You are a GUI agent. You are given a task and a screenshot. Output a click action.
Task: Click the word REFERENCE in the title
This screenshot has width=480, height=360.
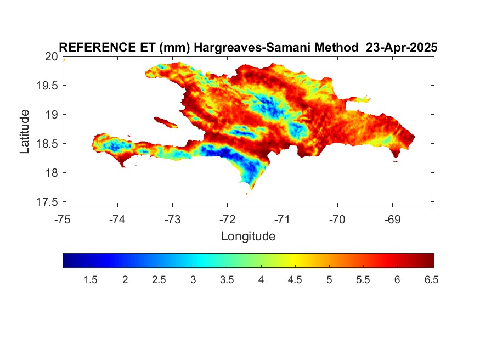pos(97,47)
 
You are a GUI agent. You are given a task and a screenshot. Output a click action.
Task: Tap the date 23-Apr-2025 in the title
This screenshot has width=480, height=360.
pos(402,47)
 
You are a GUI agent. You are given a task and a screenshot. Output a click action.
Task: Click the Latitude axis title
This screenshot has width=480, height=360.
pos(25,132)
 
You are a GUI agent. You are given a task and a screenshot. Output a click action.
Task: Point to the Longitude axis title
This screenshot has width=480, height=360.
pos(249,237)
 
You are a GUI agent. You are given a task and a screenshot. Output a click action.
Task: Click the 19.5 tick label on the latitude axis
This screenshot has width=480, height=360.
pos(47,86)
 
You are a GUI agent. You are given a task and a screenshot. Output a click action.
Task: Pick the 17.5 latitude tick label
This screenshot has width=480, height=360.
pos(47,202)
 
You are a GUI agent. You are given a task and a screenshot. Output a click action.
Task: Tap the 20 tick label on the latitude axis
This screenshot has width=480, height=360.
pos(51,57)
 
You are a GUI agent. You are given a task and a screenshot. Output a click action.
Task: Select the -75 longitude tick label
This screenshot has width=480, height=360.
pos(63,220)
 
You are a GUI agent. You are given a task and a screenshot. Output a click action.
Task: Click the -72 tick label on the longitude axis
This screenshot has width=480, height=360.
pos(228,220)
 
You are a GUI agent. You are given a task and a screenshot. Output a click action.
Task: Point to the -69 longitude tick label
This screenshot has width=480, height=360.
pos(392,220)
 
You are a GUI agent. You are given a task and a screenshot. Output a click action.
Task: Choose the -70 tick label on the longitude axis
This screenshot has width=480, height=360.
pos(337,220)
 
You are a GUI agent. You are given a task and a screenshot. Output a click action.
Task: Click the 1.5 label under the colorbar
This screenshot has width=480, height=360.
pos(91,280)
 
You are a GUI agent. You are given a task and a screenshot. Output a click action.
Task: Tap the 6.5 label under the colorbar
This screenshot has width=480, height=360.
pos(431,280)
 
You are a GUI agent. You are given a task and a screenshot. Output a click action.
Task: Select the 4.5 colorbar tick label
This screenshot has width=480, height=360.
pos(295,280)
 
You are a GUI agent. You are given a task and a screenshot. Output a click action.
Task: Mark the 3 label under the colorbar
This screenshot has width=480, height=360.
pos(193,280)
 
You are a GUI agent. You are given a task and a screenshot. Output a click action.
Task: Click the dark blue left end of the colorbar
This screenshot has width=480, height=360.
pos(66,261)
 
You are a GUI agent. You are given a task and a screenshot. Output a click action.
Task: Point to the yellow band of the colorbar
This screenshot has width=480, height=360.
pos(295,261)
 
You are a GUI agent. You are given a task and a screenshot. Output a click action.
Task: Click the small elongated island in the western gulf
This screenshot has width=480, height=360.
pos(165,122)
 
